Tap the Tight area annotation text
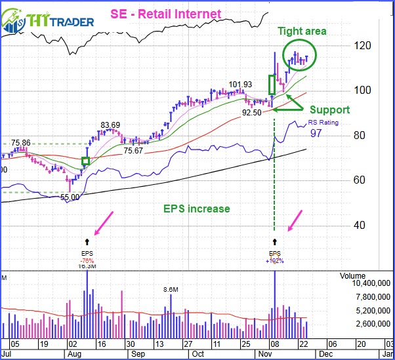[x=301, y=31]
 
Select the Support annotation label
[x=329, y=110]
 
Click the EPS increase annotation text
[x=197, y=209]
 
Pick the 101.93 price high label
[x=241, y=85]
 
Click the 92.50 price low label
[x=251, y=113]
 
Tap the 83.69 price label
[x=110, y=125]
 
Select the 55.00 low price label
[x=70, y=197]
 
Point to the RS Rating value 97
[x=316, y=133]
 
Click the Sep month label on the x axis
[x=138, y=354]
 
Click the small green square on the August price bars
[x=85, y=161]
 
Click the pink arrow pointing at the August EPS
[x=103, y=222]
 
